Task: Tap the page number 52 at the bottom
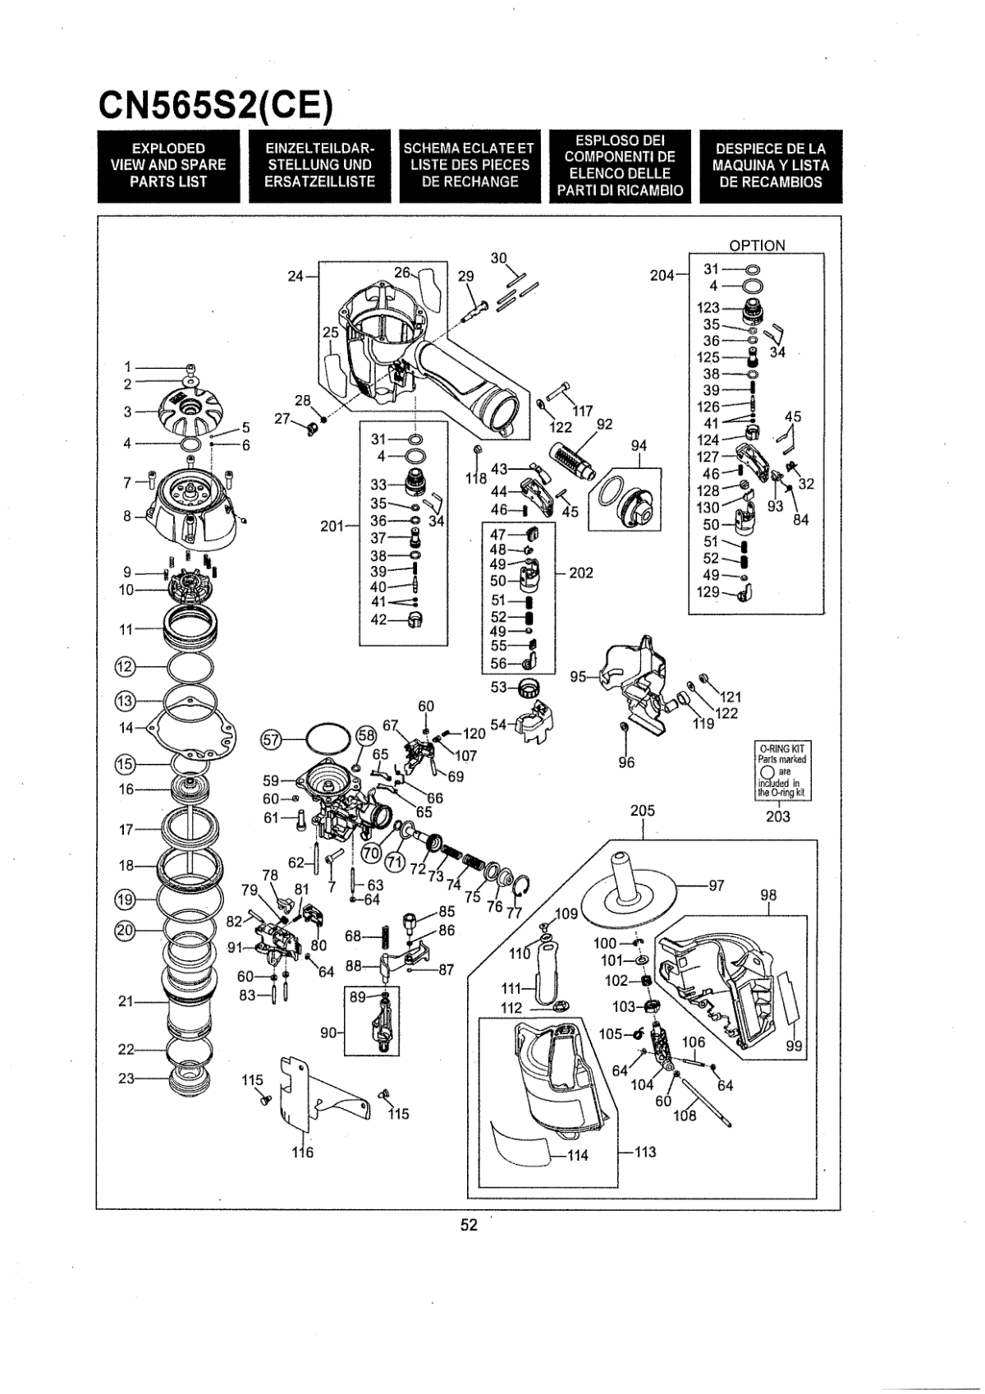468,1224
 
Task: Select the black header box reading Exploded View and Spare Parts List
168,166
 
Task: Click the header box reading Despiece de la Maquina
771,166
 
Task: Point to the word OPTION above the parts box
757,245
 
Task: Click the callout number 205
643,810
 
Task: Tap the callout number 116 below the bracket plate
303,1152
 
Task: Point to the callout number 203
778,816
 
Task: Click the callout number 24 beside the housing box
296,277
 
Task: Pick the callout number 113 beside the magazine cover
644,1152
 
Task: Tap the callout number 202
581,573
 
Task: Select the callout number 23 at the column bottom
127,1079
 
